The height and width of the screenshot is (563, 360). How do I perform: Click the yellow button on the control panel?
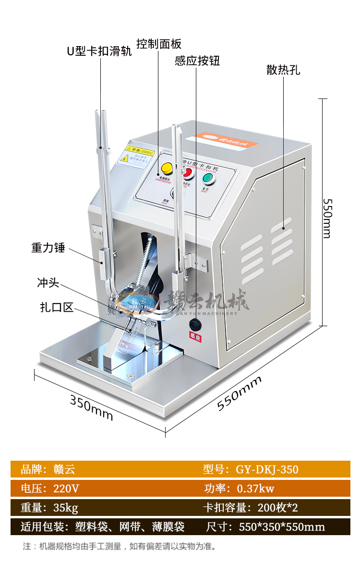[x=167, y=168]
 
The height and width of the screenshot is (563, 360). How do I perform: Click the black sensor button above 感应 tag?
[x=195, y=323]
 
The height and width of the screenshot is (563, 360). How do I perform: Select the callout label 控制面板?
[x=159, y=44]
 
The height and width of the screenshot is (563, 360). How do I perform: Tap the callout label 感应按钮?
[x=197, y=61]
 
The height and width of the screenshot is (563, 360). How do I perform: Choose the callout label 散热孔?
[x=283, y=70]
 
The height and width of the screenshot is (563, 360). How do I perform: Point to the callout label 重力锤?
[x=48, y=248]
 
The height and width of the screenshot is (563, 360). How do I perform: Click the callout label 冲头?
[x=48, y=283]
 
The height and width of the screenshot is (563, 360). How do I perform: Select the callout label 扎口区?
[x=57, y=307]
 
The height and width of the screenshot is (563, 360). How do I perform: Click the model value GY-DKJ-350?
[x=267, y=469]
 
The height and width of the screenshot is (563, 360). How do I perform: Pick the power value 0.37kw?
[x=255, y=489]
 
